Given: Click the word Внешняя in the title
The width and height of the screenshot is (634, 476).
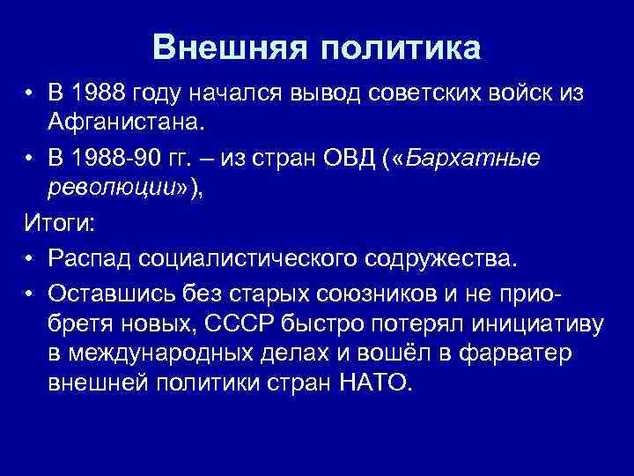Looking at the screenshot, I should [229, 48].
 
